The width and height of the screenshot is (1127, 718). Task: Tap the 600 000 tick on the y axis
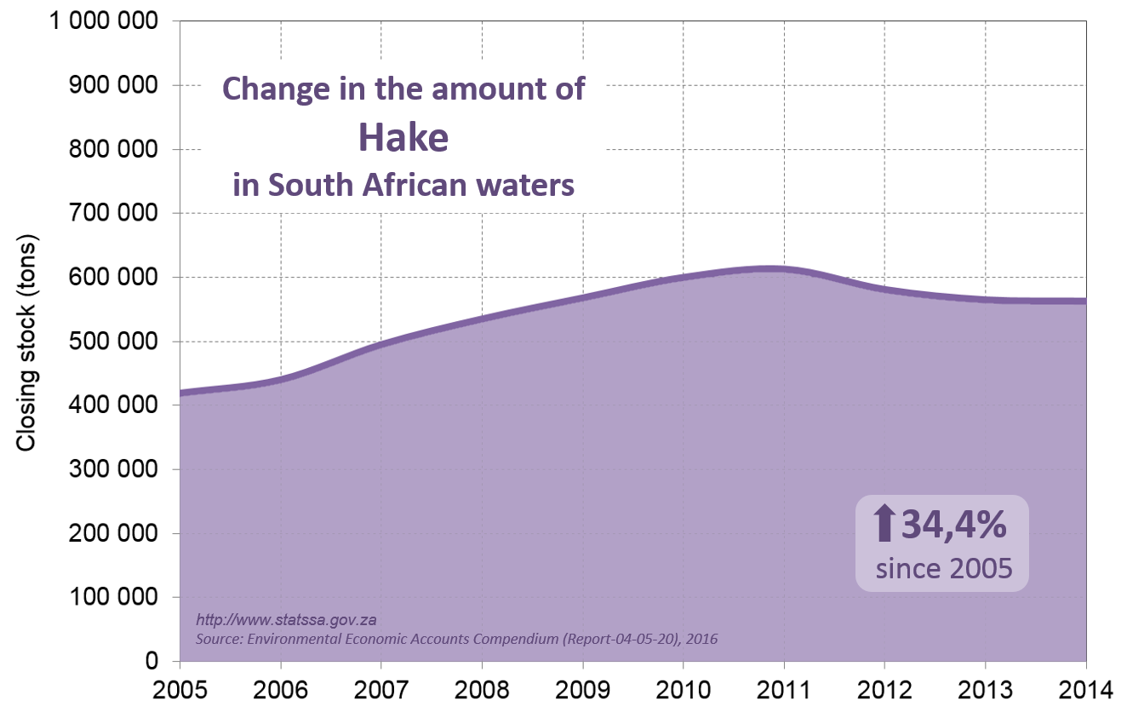[114, 278]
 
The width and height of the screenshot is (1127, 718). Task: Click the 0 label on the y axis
[152, 662]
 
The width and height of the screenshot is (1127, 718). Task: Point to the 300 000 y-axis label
[114, 470]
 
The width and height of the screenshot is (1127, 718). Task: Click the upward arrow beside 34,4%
[884, 523]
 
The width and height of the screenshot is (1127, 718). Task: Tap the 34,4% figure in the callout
[953, 525]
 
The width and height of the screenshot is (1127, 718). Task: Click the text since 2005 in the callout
[944, 568]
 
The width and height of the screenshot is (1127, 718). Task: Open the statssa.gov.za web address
[280, 620]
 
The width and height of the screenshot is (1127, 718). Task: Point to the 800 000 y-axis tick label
[114, 149]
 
